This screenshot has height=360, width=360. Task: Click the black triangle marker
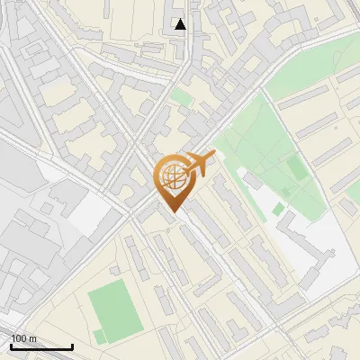tap(180, 24)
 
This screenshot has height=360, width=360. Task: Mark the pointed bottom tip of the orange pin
tap(172, 212)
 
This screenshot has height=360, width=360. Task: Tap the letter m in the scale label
tap(32, 339)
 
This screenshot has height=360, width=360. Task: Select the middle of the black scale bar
tap(41, 347)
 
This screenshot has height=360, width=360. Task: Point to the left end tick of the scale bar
tap(11, 346)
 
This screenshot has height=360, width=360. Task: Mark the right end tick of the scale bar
tap(72, 346)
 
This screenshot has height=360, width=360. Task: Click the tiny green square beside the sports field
tap(98, 337)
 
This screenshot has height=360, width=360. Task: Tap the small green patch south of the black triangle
tap(182, 95)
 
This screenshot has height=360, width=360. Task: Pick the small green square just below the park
tap(278, 210)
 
